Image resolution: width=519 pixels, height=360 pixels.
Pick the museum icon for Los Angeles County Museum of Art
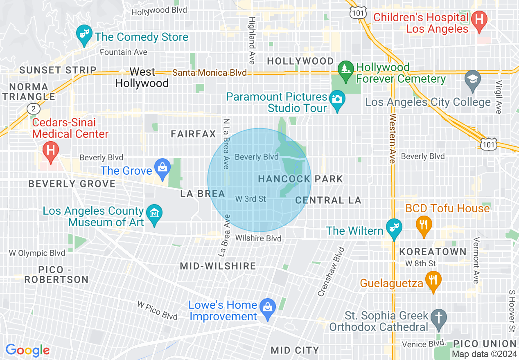coord(154,214)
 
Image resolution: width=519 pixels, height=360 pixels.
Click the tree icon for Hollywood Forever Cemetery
coord(346,68)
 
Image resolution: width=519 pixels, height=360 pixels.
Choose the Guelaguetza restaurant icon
coord(433,281)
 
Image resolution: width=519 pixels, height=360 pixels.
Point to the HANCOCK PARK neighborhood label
coord(300,179)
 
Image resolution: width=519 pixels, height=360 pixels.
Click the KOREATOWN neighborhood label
coord(433,251)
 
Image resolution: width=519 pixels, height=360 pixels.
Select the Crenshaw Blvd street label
coord(329,272)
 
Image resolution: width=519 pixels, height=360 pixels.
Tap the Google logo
coord(27,350)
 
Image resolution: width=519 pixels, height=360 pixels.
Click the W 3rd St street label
coord(250,199)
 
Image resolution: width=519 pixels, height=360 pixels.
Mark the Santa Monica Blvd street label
coord(210,73)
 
